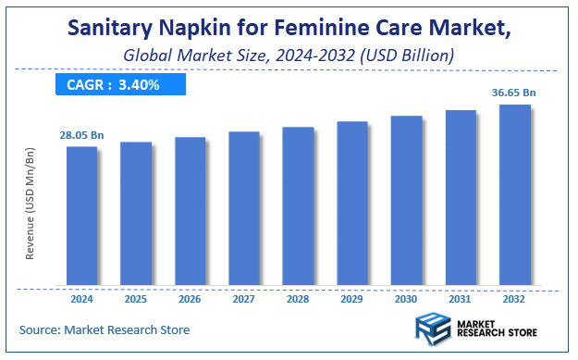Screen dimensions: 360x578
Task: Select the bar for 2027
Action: click(x=244, y=207)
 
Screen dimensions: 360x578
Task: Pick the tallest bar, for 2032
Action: click(x=515, y=193)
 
